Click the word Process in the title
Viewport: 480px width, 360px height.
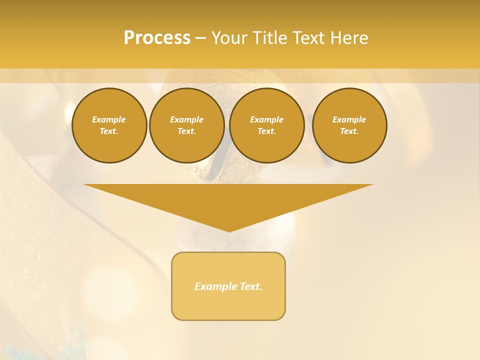[x=157, y=38]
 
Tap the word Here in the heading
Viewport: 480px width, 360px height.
[x=349, y=38]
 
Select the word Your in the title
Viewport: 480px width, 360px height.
[x=229, y=38]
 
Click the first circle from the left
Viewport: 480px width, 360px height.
[x=109, y=125]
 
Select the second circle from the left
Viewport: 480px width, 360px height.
[x=187, y=125]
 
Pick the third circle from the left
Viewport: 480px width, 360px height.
[x=267, y=125]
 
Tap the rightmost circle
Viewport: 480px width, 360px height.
[x=349, y=125]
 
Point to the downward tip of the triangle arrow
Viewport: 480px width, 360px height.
[x=229, y=230]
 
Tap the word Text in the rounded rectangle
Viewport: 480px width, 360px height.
[x=251, y=286]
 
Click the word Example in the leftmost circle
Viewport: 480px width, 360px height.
[x=109, y=119]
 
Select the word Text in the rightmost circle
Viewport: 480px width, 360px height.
[x=348, y=131]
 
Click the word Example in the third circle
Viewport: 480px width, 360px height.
[x=267, y=119]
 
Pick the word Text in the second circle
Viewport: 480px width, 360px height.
[x=186, y=131]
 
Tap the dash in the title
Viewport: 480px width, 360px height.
[x=200, y=38]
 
